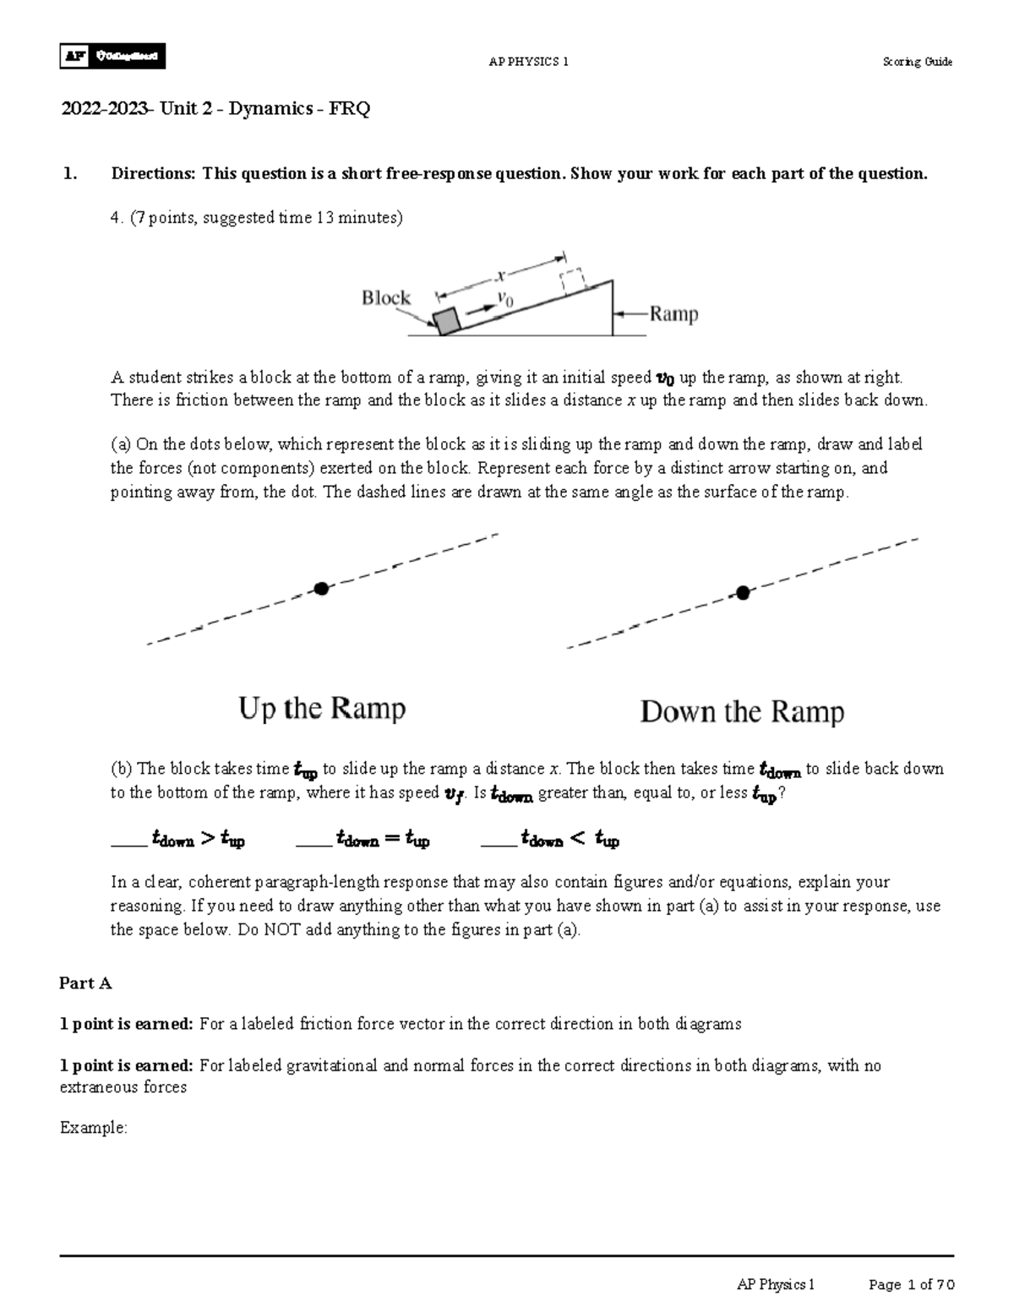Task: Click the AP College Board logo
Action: [112, 56]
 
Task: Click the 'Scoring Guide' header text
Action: [917, 62]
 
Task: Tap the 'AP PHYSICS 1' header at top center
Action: [529, 62]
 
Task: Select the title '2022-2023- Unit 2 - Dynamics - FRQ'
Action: [215, 109]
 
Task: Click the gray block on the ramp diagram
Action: [446, 321]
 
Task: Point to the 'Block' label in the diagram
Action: [386, 297]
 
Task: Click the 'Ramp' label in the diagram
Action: [673, 314]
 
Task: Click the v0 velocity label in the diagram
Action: [505, 298]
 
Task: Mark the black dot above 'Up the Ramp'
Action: [321, 589]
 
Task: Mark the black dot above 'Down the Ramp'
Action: [743, 593]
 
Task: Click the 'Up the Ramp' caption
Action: [322, 708]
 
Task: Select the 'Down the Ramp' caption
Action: [742, 711]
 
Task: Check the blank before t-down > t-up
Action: [128, 841]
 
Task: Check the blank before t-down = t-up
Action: [313, 841]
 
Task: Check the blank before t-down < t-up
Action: [498, 841]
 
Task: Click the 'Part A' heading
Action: [85, 983]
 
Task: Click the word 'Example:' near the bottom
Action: [93, 1128]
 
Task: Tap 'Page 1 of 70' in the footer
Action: [912, 1285]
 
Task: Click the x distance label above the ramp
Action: [499, 275]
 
